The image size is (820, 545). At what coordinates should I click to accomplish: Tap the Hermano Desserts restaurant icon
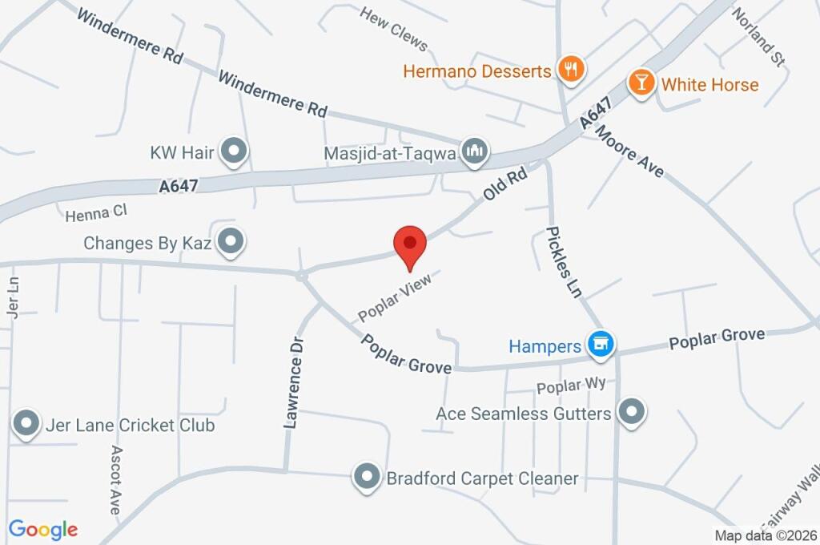(570, 70)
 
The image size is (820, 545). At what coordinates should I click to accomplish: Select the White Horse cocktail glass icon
(641, 83)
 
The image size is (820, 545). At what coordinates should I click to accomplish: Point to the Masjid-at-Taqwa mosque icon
(476, 151)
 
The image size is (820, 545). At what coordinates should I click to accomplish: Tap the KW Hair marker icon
(234, 151)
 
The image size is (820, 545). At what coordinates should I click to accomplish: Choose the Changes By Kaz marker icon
(231, 241)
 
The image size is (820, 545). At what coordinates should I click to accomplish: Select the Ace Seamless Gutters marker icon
(632, 413)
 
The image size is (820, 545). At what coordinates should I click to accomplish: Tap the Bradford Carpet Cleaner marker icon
(367, 477)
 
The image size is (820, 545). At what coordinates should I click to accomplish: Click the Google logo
(43, 529)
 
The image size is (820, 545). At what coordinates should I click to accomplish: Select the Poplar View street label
(395, 294)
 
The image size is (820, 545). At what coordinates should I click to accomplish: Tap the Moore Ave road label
(629, 153)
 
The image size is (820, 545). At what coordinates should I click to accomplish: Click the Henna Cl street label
(96, 212)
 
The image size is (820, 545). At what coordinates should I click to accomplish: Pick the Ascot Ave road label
(115, 479)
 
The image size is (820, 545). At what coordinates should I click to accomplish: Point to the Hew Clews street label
(394, 29)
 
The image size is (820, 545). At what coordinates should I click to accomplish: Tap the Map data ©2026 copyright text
(766, 535)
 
